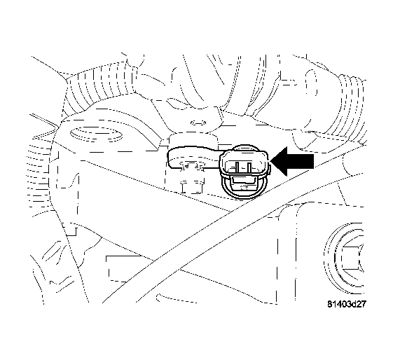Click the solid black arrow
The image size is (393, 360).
coord(291,163)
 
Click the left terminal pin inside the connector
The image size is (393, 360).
coord(235,166)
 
